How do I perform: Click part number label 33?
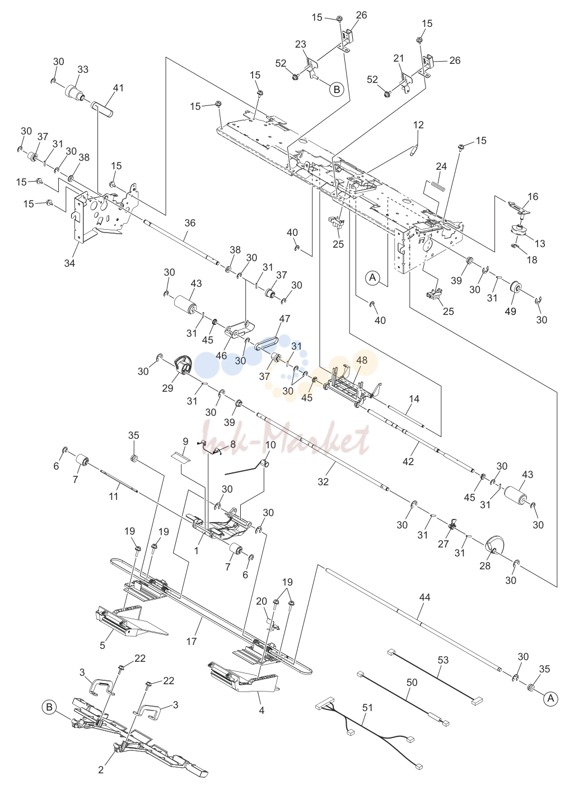(83, 69)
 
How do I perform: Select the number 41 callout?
(118, 88)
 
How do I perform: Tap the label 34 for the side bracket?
(69, 263)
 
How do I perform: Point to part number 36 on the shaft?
(190, 222)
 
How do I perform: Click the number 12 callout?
(418, 125)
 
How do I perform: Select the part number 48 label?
(362, 360)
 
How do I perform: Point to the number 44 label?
(425, 597)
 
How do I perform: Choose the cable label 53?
(443, 660)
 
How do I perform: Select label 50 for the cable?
(412, 683)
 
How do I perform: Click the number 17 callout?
(191, 641)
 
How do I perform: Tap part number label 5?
(102, 645)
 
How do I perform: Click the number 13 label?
(540, 243)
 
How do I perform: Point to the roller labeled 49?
(515, 288)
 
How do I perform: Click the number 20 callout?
(262, 601)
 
